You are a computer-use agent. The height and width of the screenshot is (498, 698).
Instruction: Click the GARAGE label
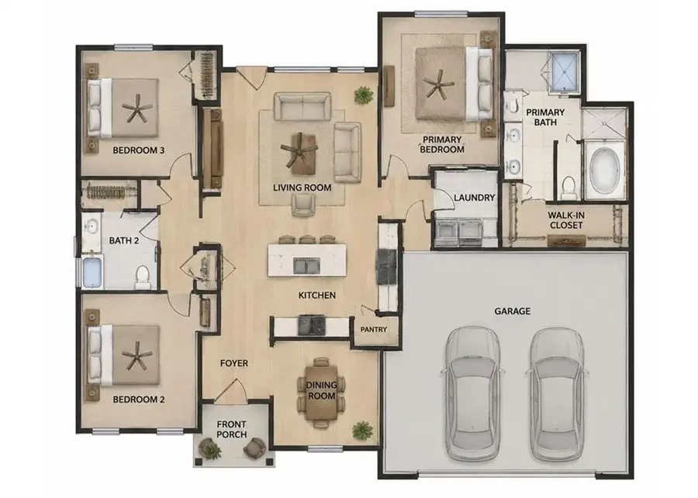[513, 311]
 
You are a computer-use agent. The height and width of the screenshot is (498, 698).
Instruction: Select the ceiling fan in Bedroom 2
[137, 355]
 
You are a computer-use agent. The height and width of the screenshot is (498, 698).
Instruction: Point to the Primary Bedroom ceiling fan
[438, 84]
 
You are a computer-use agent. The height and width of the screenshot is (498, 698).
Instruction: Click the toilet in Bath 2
[143, 277]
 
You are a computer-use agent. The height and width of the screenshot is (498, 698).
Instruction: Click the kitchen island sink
[306, 266]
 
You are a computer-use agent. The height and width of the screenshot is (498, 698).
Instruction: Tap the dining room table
[322, 392]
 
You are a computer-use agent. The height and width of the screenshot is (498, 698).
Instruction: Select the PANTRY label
[374, 330]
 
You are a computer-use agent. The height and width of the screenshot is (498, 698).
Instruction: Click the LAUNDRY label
[474, 198]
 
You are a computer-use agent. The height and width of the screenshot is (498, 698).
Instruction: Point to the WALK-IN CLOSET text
[566, 220]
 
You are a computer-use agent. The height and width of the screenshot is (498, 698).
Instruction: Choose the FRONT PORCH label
[231, 430]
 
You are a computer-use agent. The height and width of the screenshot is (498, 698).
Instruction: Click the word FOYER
[234, 364]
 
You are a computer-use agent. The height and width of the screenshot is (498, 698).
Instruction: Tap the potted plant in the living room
[364, 95]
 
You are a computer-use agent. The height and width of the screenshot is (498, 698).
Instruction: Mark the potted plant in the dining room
[362, 431]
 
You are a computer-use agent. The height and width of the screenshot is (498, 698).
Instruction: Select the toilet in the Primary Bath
[568, 188]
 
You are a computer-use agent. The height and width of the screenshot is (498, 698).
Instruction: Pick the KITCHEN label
[317, 296]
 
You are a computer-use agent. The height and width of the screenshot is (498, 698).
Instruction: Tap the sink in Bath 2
[92, 228]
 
